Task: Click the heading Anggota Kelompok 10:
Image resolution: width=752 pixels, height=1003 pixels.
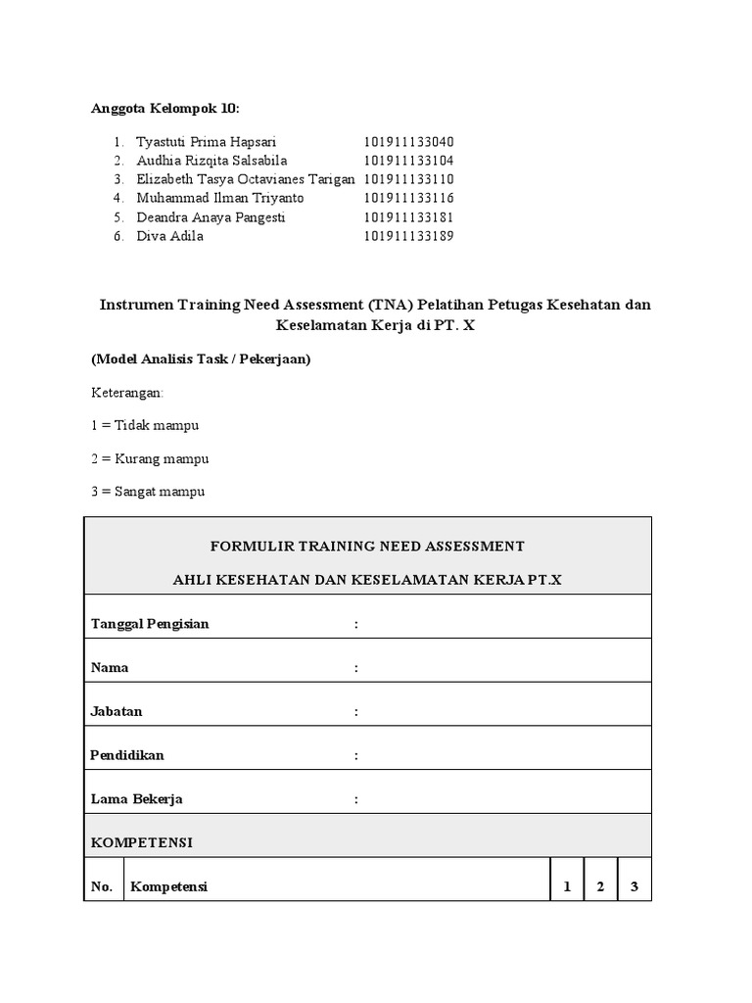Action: (x=164, y=108)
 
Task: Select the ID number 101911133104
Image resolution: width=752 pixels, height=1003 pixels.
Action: (x=409, y=161)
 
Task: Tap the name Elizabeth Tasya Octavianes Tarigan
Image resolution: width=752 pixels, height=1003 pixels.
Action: (x=245, y=179)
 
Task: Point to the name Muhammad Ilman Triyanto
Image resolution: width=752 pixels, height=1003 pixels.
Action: (x=219, y=198)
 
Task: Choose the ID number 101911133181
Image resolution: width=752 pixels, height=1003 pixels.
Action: (x=409, y=217)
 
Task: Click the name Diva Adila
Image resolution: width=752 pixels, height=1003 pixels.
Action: (x=169, y=236)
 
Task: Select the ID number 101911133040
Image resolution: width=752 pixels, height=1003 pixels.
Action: (x=409, y=141)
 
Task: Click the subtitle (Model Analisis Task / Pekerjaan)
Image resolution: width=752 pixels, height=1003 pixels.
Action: (x=201, y=359)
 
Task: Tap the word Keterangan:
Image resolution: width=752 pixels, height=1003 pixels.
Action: (x=127, y=392)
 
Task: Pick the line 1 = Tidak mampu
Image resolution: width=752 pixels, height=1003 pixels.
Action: (x=145, y=425)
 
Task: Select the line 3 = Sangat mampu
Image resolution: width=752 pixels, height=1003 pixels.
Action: (x=148, y=492)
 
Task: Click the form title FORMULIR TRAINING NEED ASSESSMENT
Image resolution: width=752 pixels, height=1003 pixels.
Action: (x=367, y=546)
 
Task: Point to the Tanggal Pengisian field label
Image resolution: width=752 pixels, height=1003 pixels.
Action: (x=150, y=624)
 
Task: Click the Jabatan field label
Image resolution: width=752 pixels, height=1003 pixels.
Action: (x=117, y=711)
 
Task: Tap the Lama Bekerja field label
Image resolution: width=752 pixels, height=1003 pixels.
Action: (x=137, y=799)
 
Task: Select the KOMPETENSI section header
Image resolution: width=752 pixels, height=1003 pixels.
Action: (x=141, y=842)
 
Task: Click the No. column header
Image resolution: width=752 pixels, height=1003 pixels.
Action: (x=102, y=887)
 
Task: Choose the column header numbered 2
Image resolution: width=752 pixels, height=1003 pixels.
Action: (x=600, y=887)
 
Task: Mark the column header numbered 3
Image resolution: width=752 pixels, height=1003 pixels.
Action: (x=634, y=887)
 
